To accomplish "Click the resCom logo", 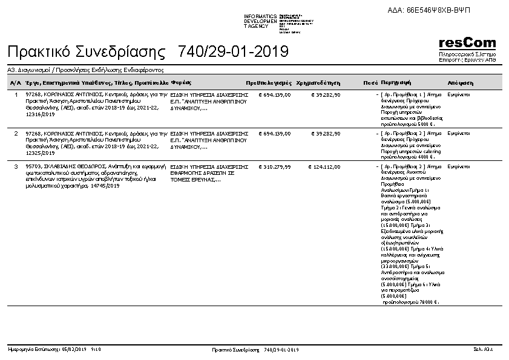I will [x=467, y=44].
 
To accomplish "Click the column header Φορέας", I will [x=181, y=82].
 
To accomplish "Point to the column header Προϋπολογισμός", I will [x=269, y=82].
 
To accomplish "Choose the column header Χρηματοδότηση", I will [x=318, y=82].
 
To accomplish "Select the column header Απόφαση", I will [x=460, y=82].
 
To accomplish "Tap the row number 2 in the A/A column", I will [x=16, y=133].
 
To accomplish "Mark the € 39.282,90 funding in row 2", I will [x=326, y=133].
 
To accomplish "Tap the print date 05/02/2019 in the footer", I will [x=74, y=350].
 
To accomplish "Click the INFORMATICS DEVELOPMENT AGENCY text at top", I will [x=260, y=21].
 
